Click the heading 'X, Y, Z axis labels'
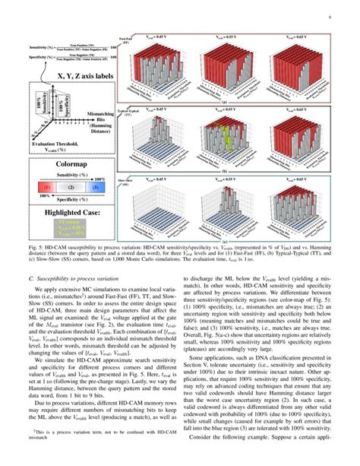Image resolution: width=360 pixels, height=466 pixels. [x=76, y=77]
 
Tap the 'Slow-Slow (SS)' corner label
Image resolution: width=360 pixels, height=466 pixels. [x=128, y=182]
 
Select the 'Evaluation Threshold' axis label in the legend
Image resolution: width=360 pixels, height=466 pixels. [x=57, y=146]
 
